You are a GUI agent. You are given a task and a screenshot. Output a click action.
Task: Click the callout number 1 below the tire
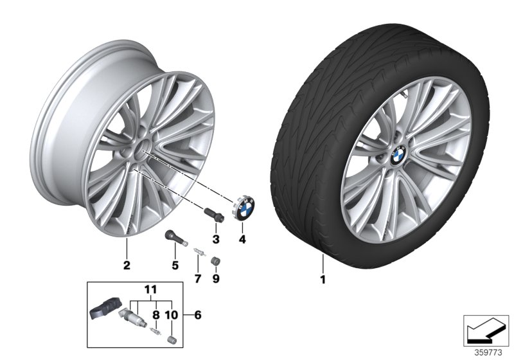point(323,280)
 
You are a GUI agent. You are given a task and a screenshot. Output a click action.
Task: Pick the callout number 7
point(197,279)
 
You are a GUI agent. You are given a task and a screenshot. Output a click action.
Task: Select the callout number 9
point(216,279)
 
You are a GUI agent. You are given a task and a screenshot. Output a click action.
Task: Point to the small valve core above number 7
point(198,255)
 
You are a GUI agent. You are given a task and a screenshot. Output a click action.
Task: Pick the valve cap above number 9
point(216,261)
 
